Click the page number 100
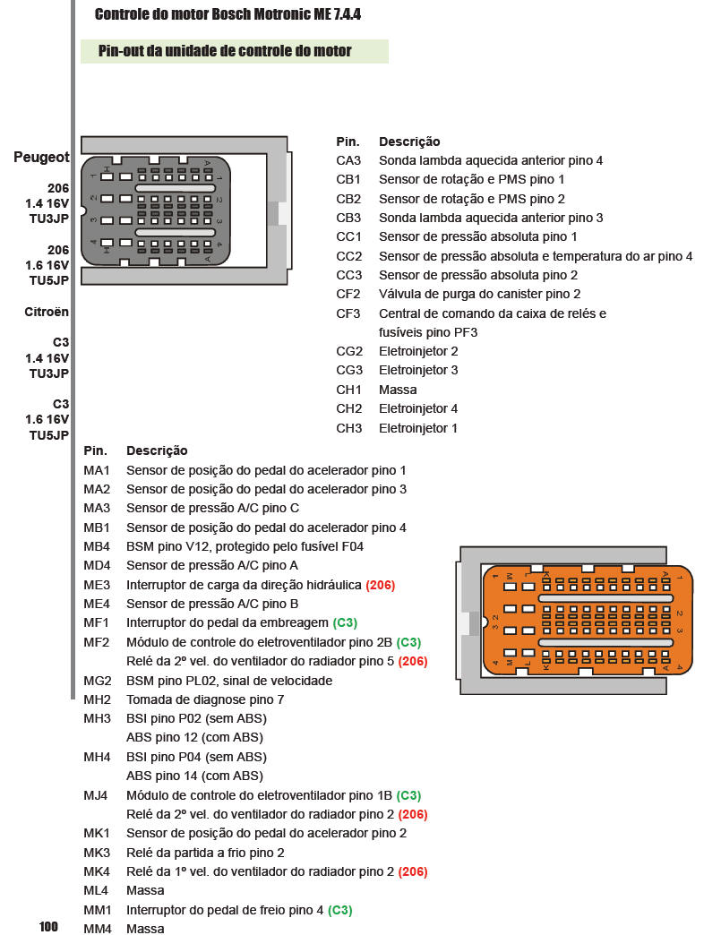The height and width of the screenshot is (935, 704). coord(48,926)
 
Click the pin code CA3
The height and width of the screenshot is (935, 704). coord(348,160)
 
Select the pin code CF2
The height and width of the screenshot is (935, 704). coord(348,294)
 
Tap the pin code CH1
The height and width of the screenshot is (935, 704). coord(348,390)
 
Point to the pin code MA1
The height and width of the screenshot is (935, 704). coord(97,470)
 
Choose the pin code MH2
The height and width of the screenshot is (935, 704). coord(97,699)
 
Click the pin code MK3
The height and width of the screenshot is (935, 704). coord(97,853)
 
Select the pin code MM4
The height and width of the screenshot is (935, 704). coord(98,929)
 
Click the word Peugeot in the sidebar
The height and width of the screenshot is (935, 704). coord(41,158)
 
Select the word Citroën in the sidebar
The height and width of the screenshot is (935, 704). coord(47,313)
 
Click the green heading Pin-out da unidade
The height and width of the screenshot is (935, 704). coord(225,51)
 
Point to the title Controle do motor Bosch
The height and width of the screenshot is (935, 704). coord(228,15)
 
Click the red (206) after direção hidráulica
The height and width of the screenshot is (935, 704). coord(380,585)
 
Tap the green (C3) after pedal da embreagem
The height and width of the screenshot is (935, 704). coord(345,622)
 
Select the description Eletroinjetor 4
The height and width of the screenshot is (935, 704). coord(418,408)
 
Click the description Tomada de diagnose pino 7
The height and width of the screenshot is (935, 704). coord(205,699)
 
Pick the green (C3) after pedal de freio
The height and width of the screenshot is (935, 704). coord(339,910)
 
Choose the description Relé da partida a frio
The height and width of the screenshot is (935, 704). coord(205,853)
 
